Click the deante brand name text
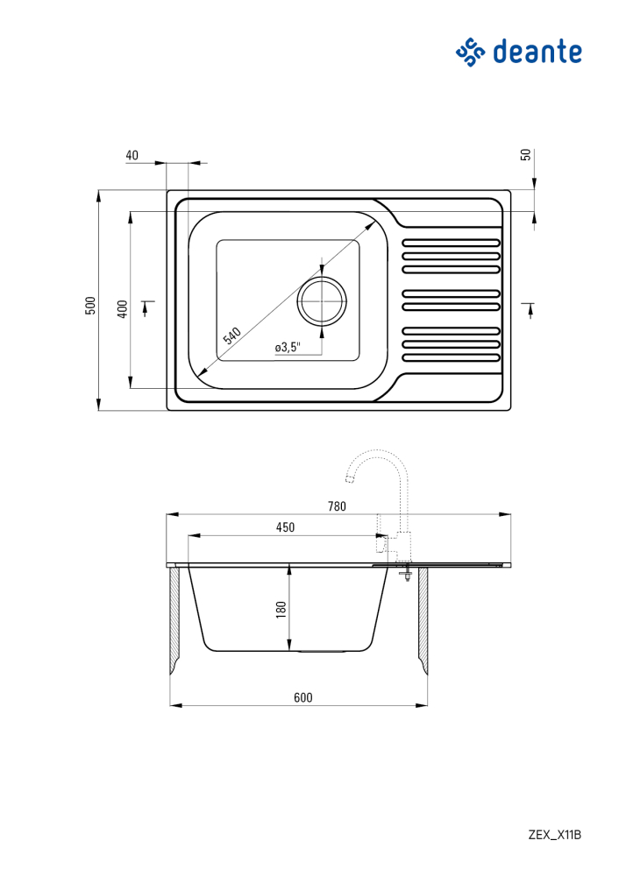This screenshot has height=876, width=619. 537,52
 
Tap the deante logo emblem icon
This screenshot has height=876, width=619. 470,52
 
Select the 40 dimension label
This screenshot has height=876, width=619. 132,155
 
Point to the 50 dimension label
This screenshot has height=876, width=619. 525,155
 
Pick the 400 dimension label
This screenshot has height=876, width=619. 123,308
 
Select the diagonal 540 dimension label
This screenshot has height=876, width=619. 231,336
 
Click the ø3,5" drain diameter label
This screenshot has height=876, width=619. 288,348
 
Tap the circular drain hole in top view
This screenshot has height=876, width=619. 323,301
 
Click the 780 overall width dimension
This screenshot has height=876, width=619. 338,506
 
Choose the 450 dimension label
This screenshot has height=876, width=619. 285,527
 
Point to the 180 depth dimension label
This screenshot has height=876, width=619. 281,610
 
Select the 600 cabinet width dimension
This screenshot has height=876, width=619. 302,697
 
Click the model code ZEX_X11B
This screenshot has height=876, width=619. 554,835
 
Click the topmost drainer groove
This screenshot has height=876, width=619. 451,243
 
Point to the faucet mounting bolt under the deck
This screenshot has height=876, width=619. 407,574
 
